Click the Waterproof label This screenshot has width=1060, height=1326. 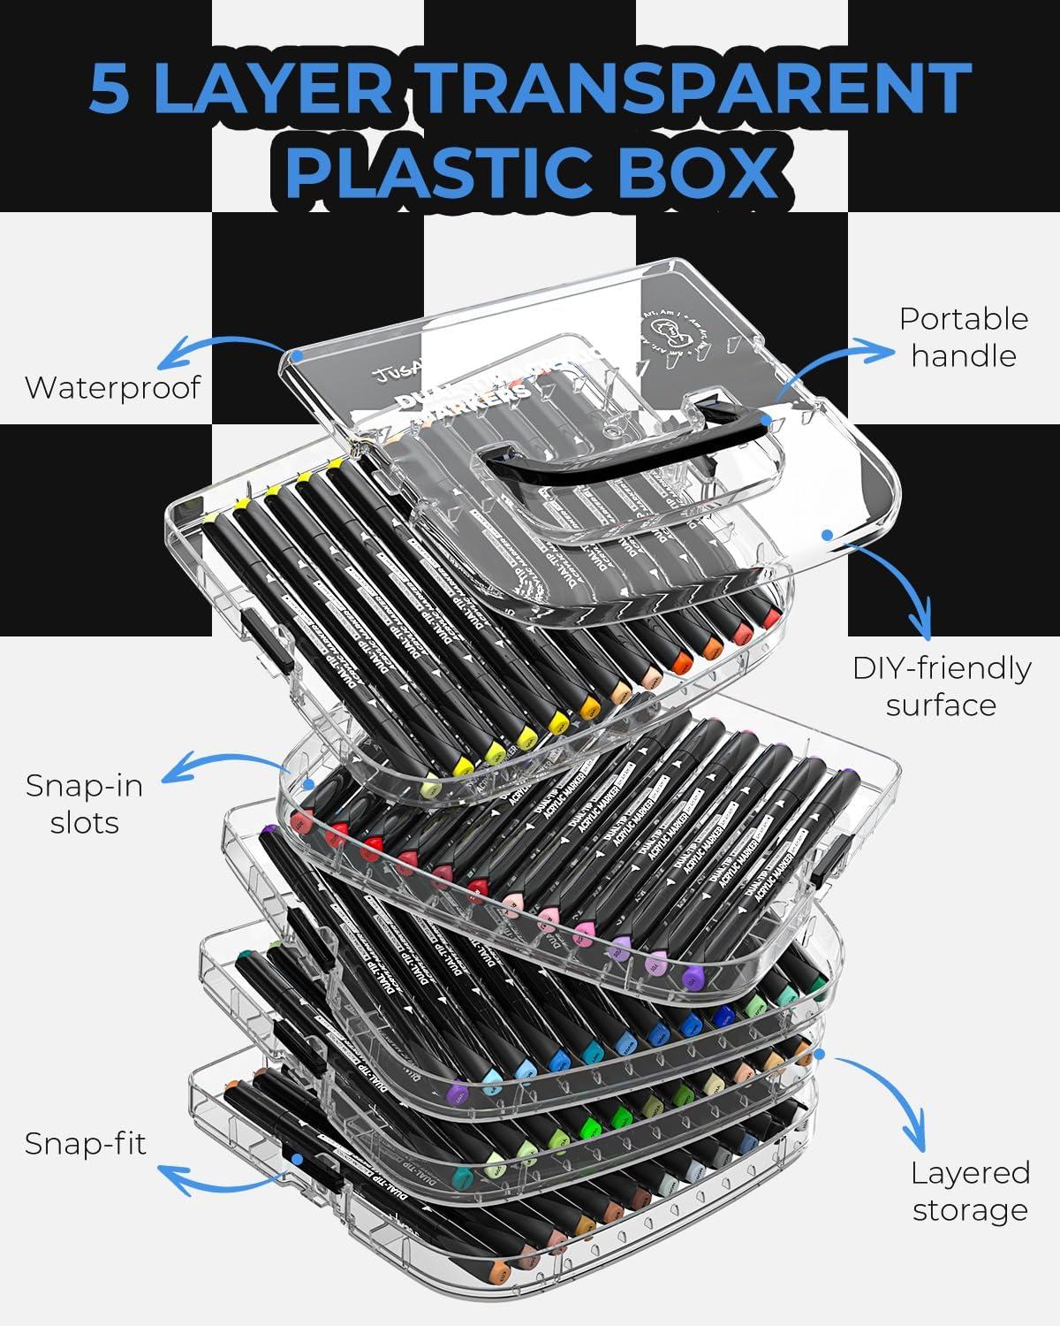(113, 387)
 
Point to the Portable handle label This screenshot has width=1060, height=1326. (964, 337)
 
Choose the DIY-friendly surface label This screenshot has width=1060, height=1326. (942, 686)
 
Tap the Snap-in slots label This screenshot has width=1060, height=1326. (84, 804)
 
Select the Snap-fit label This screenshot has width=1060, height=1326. (86, 1143)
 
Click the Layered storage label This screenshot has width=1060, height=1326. (970, 1191)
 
